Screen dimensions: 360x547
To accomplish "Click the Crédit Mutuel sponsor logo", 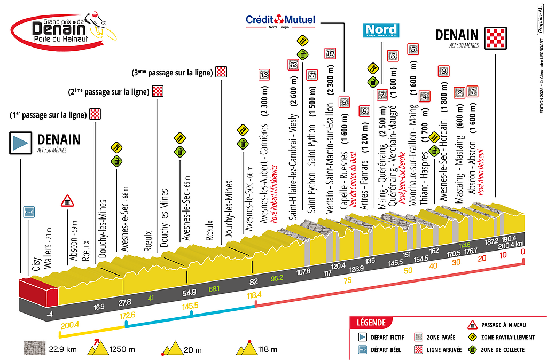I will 280,21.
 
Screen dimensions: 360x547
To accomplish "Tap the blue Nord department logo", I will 380,30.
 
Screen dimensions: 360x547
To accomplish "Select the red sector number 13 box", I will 263,75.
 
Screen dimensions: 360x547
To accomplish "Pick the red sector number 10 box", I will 330,53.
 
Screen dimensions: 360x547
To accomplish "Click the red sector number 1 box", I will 472,91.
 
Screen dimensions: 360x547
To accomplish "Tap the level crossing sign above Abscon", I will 67,200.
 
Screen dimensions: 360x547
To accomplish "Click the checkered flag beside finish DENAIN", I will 494,38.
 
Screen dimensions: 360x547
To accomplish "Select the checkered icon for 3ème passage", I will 221,72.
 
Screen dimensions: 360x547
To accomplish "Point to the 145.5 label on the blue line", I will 191,306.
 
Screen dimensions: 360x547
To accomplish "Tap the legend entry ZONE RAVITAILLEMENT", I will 507,337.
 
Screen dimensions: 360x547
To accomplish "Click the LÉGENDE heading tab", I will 370,323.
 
